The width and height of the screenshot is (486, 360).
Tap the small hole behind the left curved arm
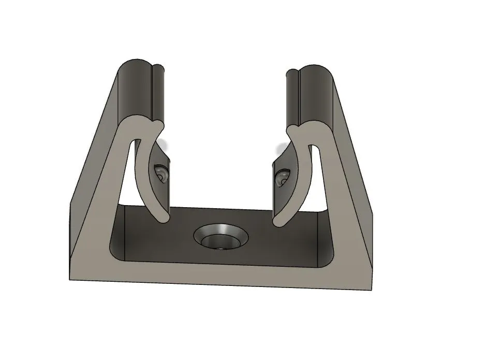coord(161,173)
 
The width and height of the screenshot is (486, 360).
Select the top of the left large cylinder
coord(136,65)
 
